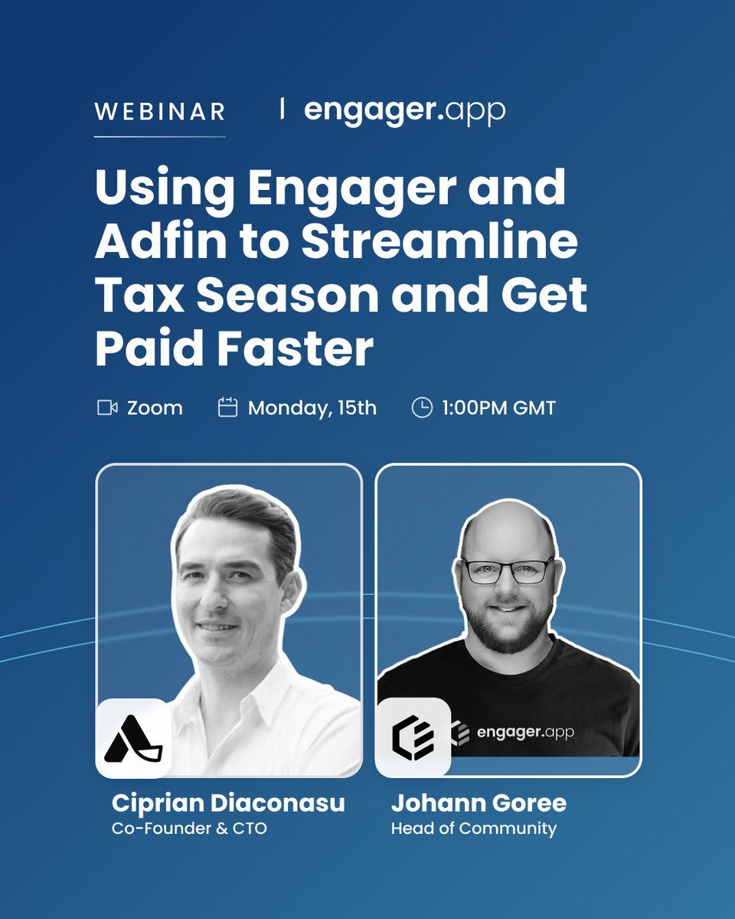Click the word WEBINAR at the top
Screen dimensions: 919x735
[159, 111]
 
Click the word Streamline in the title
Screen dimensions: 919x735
[439, 241]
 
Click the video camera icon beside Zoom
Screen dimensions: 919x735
[107, 408]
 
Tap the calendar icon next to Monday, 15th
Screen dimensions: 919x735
[227, 407]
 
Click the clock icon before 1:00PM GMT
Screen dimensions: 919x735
[422, 407]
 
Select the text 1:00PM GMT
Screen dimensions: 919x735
[498, 408]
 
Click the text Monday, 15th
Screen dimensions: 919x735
[312, 408]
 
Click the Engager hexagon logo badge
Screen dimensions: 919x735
[413, 738]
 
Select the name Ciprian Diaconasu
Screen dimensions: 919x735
[228, 803]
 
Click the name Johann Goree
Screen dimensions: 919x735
[479, 803]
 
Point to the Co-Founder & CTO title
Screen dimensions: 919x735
[189, 829]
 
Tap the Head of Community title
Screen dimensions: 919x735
[473, 829]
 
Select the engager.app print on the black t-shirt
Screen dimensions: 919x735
[524, 732]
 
